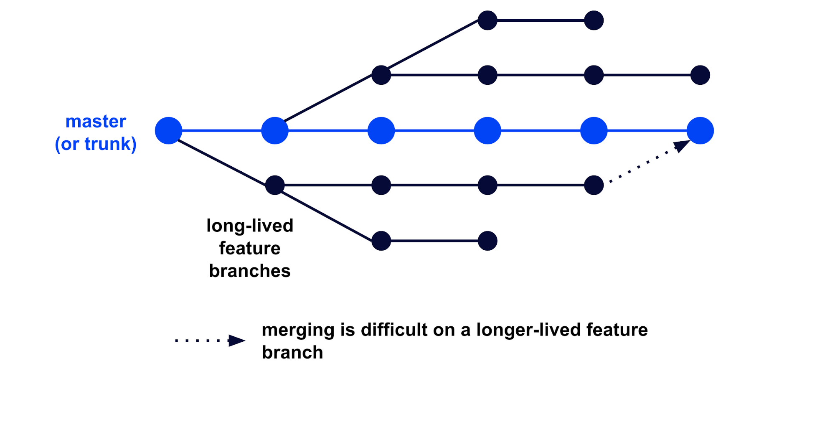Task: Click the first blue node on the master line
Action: click(168, 131)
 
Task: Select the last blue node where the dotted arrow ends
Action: click(700, 131)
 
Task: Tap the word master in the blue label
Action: click(96, 122)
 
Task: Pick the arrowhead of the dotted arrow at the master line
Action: click(681, 146)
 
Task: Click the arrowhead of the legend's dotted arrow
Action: click(237, 341)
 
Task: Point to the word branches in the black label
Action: click(250, 271)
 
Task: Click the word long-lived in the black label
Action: click(250, 226)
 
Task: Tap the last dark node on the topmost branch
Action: click(594, 20)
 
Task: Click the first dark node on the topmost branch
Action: click(487, 20)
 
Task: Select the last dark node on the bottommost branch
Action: click(487, 241)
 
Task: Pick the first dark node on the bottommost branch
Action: click(381, 241)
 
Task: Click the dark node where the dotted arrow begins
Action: click(594, 185)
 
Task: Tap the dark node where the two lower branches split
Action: click(275, 185)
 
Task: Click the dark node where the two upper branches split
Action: click(381, 75)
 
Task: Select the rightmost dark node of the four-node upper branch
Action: click(700, 75)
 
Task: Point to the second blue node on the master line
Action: click(275, 131)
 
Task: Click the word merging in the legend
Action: click(298, 330)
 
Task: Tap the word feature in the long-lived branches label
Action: click(250, 249)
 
